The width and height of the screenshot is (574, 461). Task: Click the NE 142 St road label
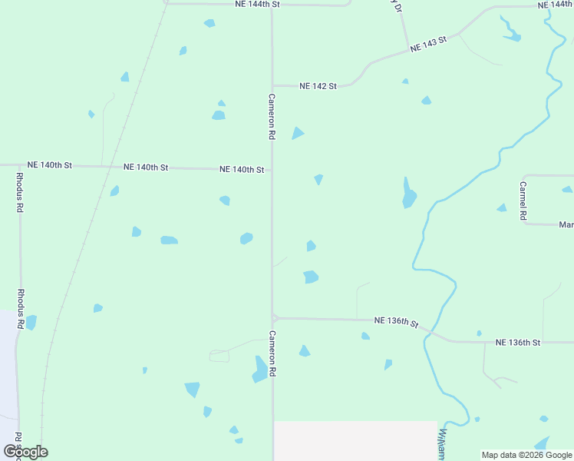coord(318,86)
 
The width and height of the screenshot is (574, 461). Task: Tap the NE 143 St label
coord(428,46)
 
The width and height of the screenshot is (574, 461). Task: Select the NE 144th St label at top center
coord(258,5)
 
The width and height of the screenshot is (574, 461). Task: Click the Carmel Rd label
coord(523,201)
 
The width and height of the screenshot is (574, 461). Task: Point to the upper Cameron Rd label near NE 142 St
coord(272,116)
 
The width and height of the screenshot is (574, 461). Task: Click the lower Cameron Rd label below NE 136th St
coord(272,353)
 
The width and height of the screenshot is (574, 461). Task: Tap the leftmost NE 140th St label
coord(49,165)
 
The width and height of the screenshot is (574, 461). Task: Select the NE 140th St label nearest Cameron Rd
coord(242,169)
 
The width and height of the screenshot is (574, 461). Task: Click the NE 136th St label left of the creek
coord(396,321)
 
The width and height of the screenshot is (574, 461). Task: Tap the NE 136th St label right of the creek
coord(518,342)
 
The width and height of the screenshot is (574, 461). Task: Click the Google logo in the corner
coord(25,452)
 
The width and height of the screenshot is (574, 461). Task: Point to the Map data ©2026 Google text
coord(526,455)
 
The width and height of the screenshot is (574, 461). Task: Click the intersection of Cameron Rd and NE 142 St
coord(272,85)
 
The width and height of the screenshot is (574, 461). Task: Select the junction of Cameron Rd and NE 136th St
coord(273,317)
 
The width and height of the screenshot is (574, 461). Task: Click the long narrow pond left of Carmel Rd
coord(408,194)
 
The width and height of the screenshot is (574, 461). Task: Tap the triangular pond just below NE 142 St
coord(297,134)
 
